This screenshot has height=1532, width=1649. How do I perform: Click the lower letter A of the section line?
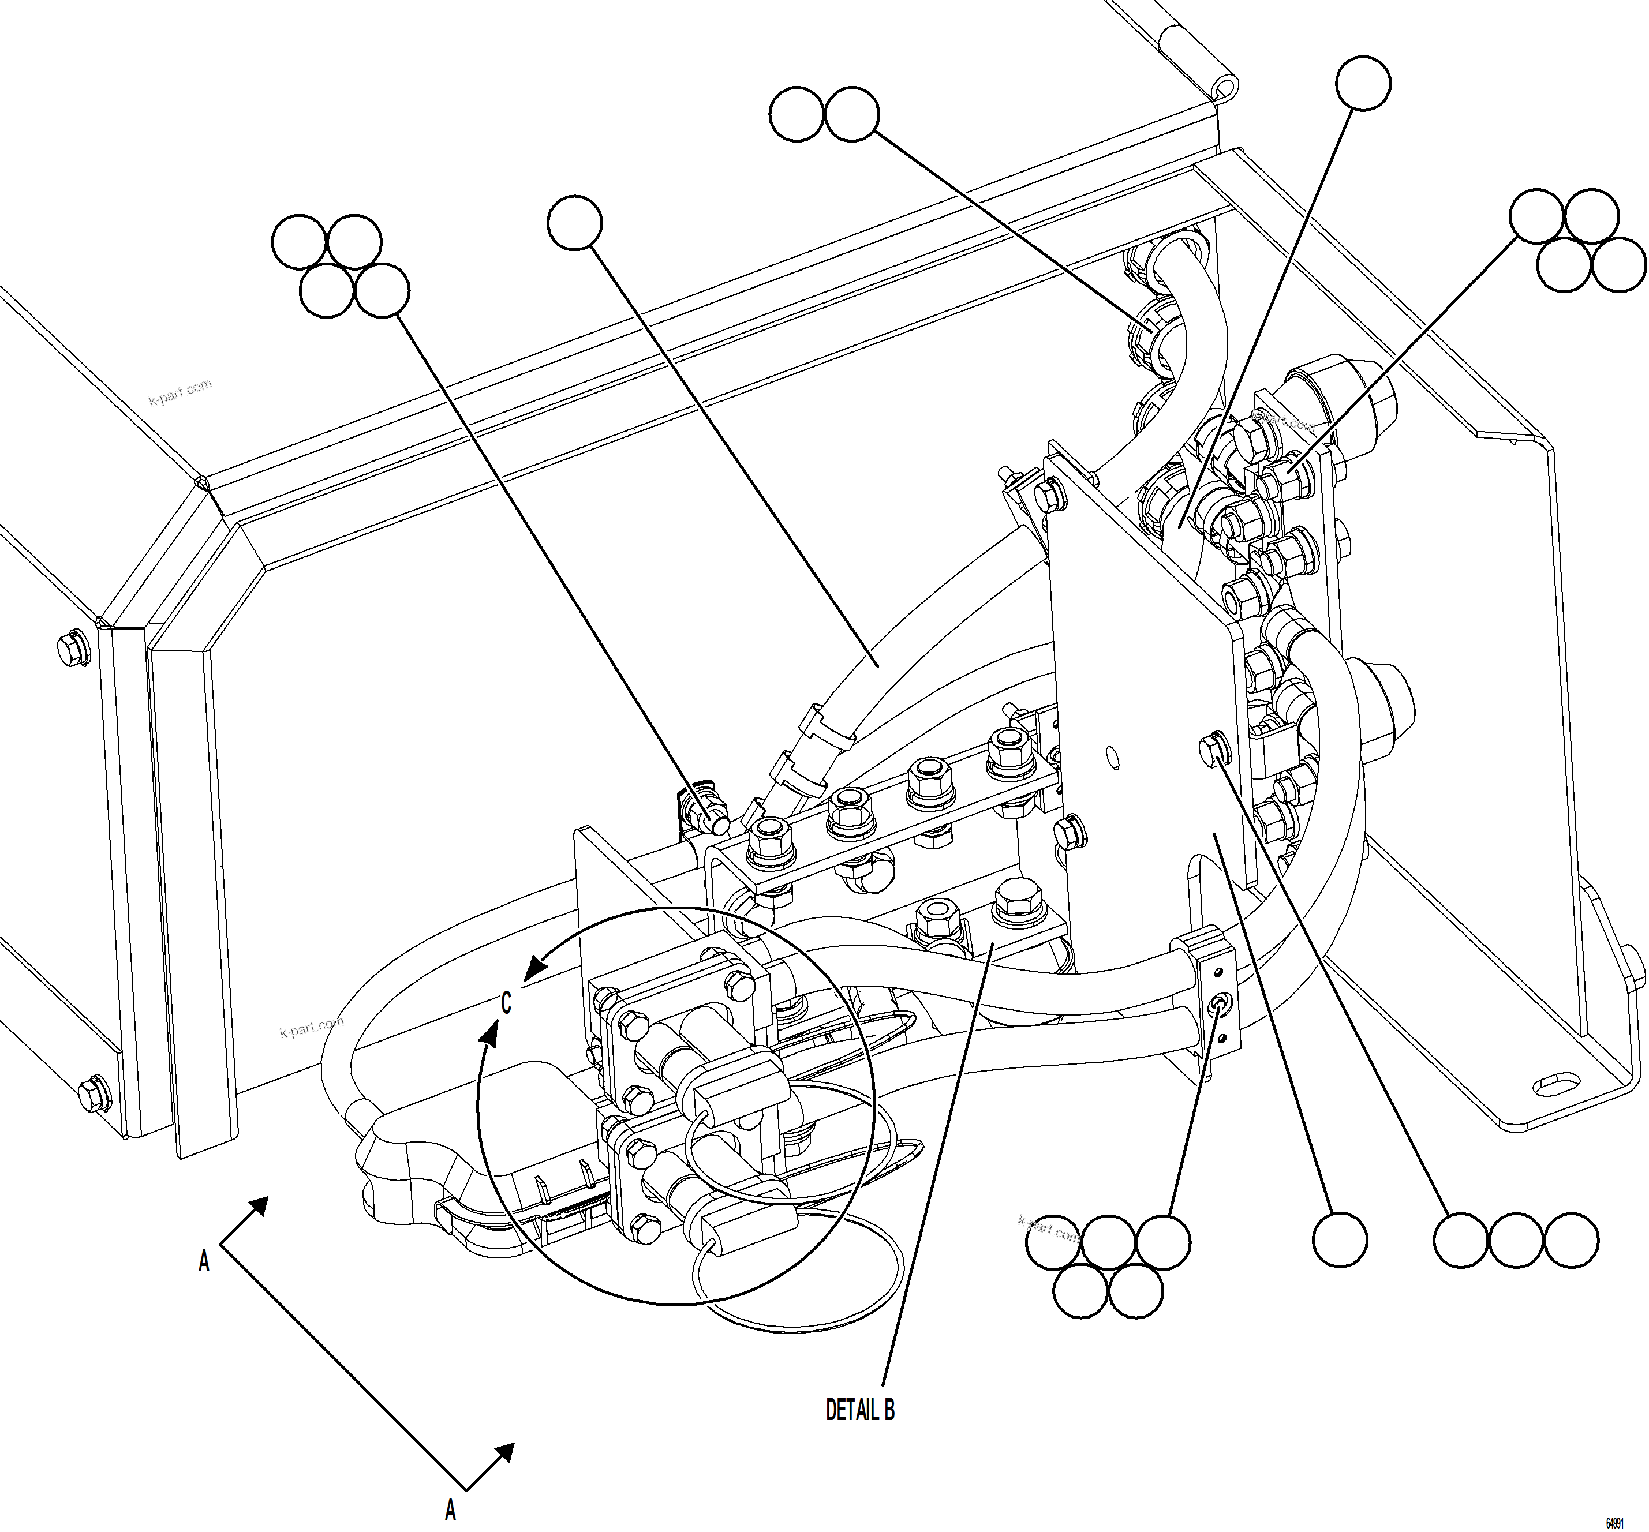[x=450, y=1509]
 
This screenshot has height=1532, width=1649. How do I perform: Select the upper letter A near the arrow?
[x=204, y=1262]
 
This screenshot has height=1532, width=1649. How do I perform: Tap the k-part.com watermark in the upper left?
[x=180, y=392]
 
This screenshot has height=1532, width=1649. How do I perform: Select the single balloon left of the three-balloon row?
[x=1340, y=1239]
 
